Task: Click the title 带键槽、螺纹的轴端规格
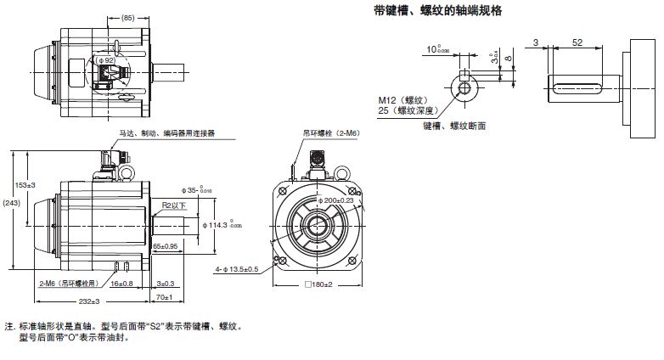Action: pyautogui.click(x=438, y=10)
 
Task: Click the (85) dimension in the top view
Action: pyautogui.click(x=128, y=18)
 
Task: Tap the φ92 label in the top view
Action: pyautogui.click(x=106, y=60)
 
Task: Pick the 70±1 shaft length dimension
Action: pyautogui.click(x=164, y=297)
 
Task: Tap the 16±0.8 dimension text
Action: pyautogui.click(x=121, y=283)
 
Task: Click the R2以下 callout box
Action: pyautogui.click(x=173, y=206)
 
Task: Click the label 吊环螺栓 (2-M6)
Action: pyautogui.click(x=329, y=133)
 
